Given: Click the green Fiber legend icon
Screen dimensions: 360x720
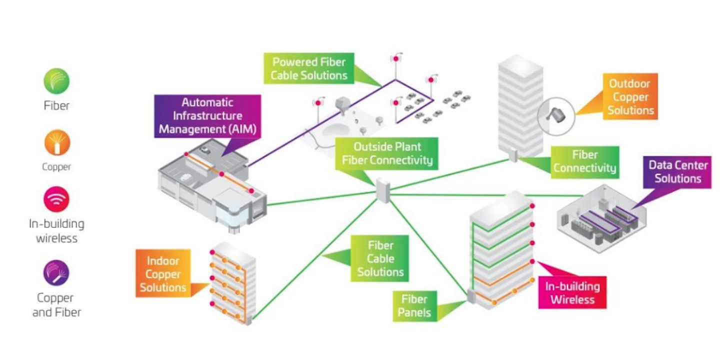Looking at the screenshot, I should pos(56,81).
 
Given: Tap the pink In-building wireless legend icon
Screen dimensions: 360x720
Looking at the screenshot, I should pos(56,199).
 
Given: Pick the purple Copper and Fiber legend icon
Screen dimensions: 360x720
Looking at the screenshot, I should pos(56,273).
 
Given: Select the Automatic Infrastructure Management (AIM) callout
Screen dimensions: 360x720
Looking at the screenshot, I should pos(207,116).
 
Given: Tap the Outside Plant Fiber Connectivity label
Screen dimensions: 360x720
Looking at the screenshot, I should pos(386,153).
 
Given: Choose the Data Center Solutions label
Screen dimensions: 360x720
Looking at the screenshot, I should pos(677,171).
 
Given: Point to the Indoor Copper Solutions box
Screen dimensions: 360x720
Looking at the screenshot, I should pos(163,274).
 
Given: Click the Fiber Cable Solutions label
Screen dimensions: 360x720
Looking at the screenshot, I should pos(380,258).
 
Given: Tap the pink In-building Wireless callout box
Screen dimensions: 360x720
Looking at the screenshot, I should pos(572,293).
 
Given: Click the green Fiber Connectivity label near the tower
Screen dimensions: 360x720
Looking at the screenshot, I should pos(584,161).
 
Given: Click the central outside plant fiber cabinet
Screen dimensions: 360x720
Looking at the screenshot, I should pos(382,190).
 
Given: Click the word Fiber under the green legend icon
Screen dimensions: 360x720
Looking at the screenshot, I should pos(56,106).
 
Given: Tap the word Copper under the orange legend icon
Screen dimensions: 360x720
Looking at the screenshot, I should pos(56,167).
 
